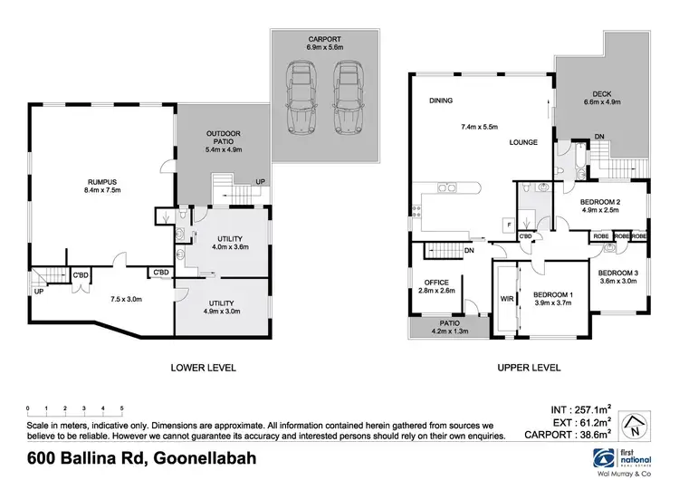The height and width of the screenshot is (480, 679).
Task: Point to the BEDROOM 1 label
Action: tap(550, 295)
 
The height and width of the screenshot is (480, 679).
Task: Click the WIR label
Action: tap(506, 296)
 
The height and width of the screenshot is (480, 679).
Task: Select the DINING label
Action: tap(442, 101)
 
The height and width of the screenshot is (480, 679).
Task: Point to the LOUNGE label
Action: tap(523, 142)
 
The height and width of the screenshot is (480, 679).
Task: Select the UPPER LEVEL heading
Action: tap(530, 368)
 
